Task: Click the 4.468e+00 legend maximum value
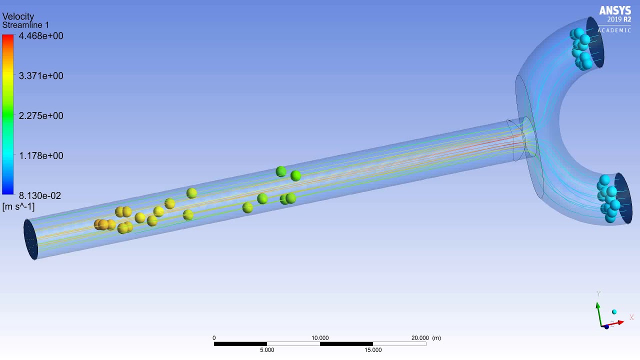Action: [x=41, y=36]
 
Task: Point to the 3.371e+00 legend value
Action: [x=41, y=76]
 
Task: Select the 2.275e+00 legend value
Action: [x=41, y=116]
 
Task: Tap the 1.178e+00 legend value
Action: [x=41, y=156]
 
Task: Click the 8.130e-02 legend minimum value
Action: [x=40, y=195]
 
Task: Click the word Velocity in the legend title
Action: [x=18, y=16]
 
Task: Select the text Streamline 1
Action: [x=25, y=25]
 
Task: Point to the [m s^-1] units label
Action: [x=18, y=207]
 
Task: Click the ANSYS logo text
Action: [x=615, y=11]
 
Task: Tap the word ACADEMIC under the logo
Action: [x=614, y=30]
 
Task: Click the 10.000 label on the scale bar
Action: [x=320, y=338]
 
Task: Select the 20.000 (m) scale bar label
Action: [x=426, y=338]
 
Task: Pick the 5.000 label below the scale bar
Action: [x=267, y=350]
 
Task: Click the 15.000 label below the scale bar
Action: [x=373, y=350]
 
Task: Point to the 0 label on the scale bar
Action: [x=214, y=338]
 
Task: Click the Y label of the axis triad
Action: [x=598, y=294]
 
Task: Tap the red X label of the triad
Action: [x=631, y=317]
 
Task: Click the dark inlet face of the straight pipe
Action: [x=30, y=239]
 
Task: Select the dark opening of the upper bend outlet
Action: [x=595, y=42]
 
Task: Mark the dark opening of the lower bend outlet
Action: [x=624, y=198]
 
